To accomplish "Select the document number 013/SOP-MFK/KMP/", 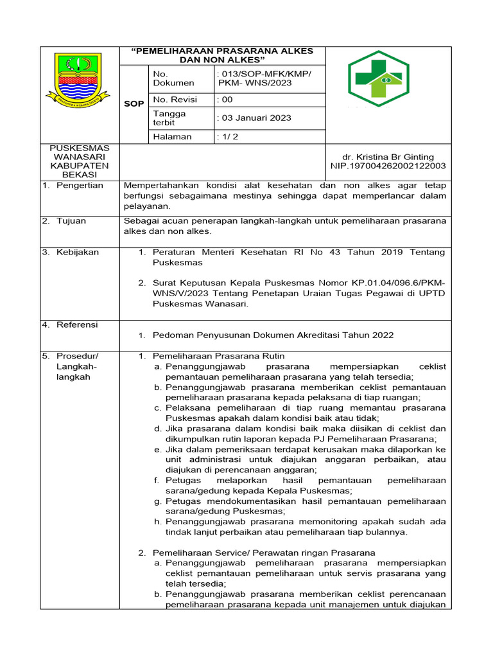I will click(x=264, y=74).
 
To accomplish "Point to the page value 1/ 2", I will click(x=229, y=136).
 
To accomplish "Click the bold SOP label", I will click(x=134, y=104).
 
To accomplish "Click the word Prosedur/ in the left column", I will click(x=78, y=355).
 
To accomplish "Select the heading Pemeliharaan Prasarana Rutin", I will click(x=218, y=355).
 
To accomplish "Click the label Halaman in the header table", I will click(x=171, y=136).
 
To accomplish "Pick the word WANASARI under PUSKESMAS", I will click(x=80, y=157).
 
